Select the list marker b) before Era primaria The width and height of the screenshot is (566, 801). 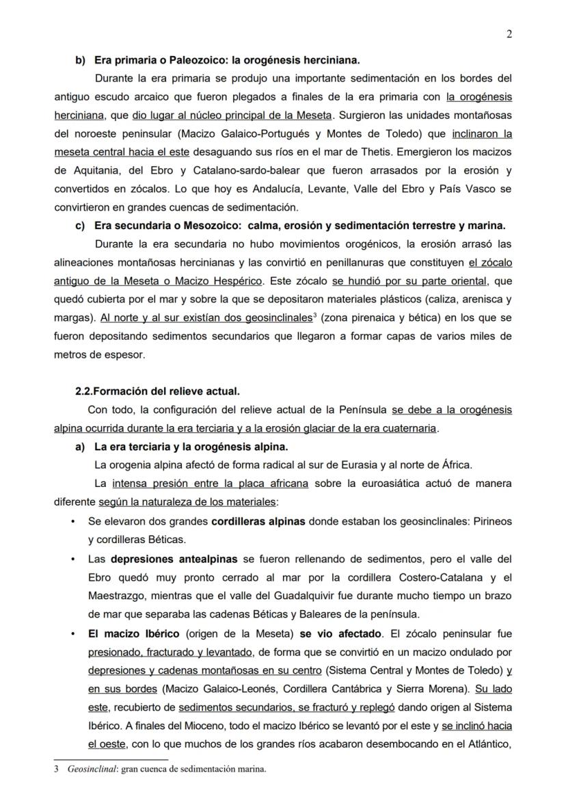click(80, 60)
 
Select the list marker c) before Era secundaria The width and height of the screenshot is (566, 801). click(80, 225)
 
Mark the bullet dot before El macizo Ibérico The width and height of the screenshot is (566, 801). click(74, 633)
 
